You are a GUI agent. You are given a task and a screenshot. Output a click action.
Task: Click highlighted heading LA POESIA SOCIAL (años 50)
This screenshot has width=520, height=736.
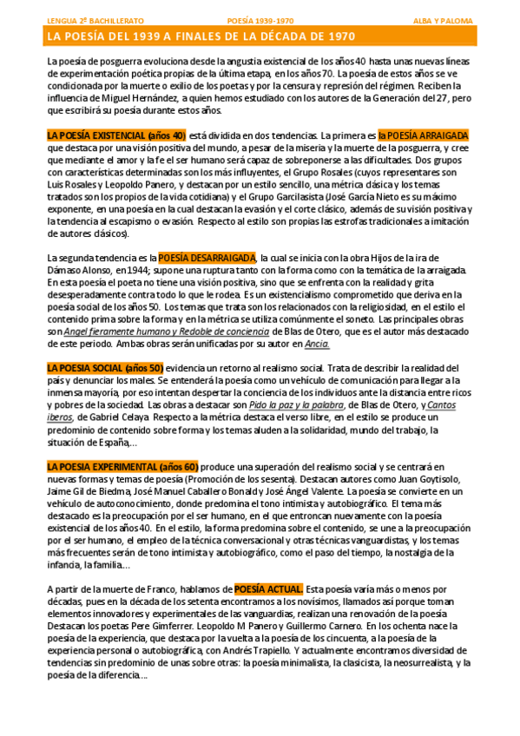(x=105, y=368)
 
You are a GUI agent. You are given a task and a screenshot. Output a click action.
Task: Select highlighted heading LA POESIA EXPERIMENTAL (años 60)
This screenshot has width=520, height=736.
(x=123, y=466)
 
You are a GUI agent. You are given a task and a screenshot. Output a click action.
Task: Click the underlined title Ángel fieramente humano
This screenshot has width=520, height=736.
(x=118, y=332)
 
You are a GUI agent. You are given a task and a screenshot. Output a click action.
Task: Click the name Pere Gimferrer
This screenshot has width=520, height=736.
(x=214, y=626)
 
